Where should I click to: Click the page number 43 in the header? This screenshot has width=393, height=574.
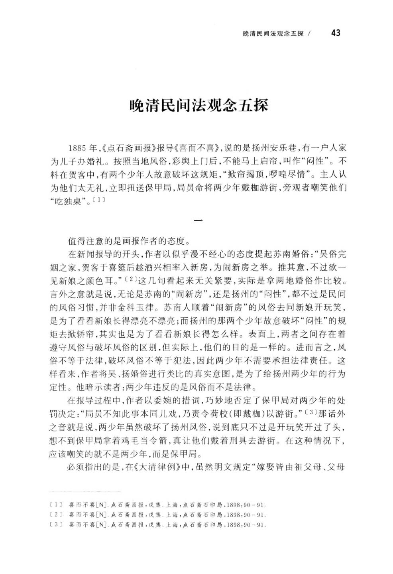[335, 33]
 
